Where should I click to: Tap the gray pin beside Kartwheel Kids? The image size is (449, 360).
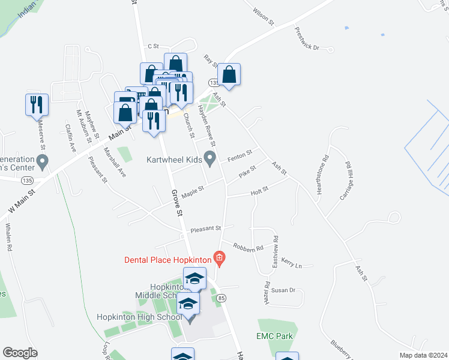click(209, 159)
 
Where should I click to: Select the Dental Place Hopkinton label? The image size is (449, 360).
click(167, 260)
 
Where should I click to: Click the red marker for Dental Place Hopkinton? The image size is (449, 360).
click(220, 260)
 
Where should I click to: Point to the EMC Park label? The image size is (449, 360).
click(274, 337)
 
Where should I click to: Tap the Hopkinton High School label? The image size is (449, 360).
click(139, 317)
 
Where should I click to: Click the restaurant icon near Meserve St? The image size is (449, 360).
click(37, 104)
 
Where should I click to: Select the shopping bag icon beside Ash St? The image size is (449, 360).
click(229, 75)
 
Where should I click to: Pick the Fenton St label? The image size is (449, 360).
click(238, 157)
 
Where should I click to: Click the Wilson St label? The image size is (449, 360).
click(264, 16)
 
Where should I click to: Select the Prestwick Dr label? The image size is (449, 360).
click(307, 38)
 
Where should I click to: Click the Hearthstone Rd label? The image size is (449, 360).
click(325, 170)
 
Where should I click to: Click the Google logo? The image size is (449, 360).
click(20, 353)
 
